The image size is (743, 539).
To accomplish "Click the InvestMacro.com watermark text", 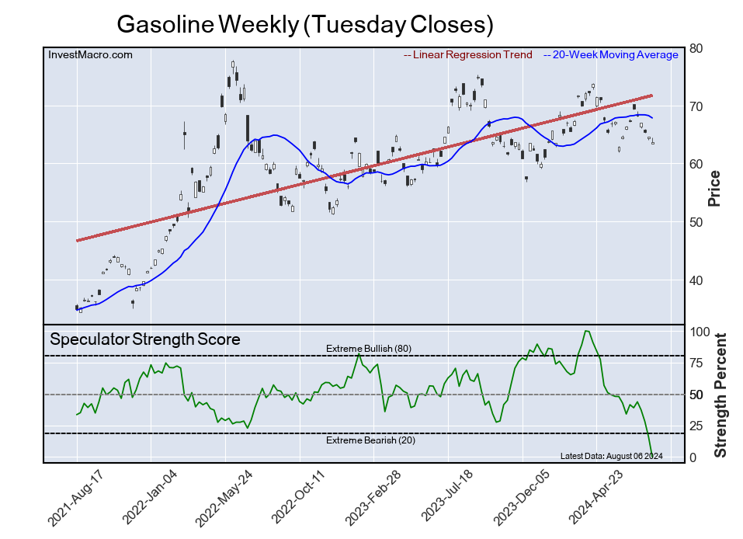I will [90, 54].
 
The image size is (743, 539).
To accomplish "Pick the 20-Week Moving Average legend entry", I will [614, 54].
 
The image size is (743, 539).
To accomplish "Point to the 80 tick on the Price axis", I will [696, 48].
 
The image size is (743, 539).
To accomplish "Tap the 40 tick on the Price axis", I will [696, 280].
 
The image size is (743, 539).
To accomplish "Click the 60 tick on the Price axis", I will [696, 164].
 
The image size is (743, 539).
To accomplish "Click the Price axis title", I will [714, 188].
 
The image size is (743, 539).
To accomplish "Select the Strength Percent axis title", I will [720, 395].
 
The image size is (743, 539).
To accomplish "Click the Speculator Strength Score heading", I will [145, 339].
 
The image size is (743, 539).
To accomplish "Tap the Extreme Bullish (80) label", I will [368, 348].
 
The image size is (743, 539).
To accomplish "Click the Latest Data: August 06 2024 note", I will [611, 456].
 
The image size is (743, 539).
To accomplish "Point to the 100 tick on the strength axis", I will [700, 332].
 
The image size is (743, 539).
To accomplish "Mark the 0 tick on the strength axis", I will [694, 458].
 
